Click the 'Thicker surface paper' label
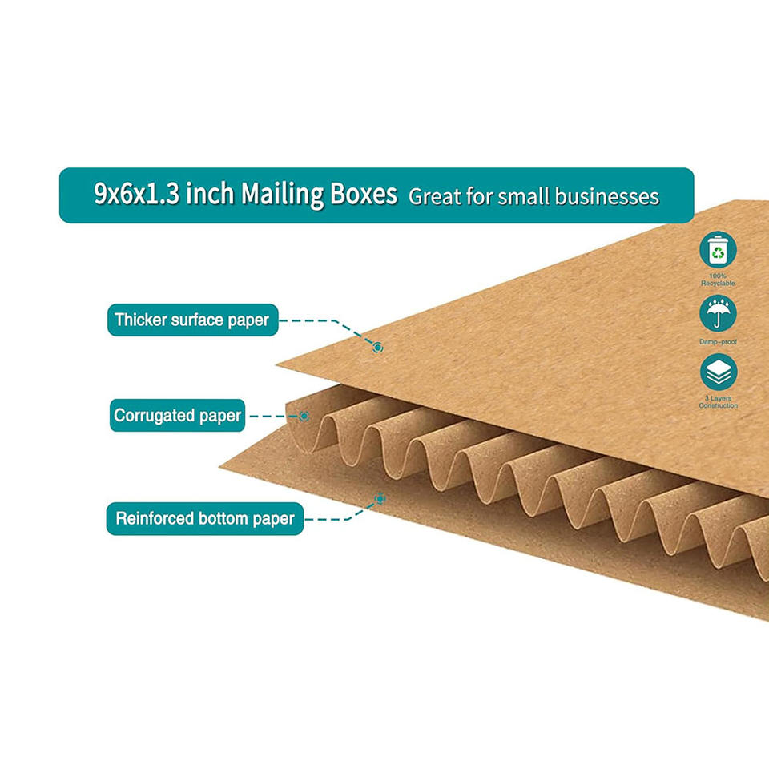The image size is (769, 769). (x=192, y=320)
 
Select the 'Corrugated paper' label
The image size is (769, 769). (x=177, y=416)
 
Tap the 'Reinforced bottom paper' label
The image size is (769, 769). (x=205, y=518)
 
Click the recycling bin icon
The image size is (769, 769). (x=718, y=250)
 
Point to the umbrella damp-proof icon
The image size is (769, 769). (x=718, y=313)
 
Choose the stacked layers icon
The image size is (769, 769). (x=718, y=372)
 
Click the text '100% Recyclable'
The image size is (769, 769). (x=718, y=280)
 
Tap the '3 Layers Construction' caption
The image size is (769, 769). (x=718, y=401)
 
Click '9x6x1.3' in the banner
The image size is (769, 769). (x=136, y=195)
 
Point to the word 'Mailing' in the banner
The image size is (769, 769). (x=283, y=195)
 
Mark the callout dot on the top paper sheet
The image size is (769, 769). (x=378, y=347)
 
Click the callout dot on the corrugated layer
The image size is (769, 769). (x=304, y=416)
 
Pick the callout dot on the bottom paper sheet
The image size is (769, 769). (x=380, y=499)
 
